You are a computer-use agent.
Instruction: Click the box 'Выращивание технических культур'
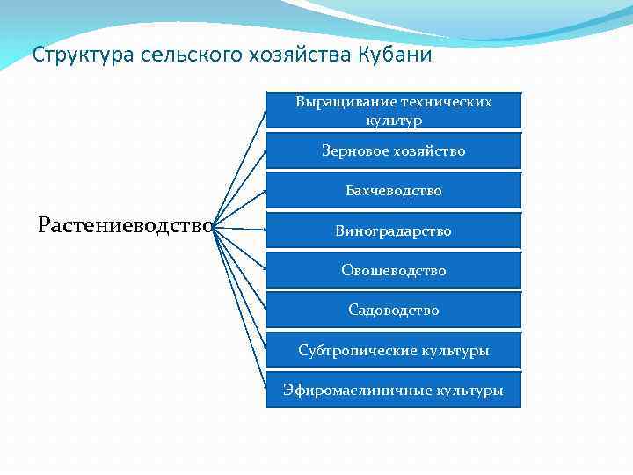[x=393, y=110]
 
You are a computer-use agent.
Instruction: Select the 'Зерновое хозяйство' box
[x=393, y=150]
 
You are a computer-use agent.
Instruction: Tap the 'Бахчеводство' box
[x=393, y=190]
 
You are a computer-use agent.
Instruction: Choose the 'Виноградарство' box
[x=393, y=230]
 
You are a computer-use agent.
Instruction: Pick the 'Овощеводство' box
[x=393, y=270]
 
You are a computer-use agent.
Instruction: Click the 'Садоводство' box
[x=393, y=310]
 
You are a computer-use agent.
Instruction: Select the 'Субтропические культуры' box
[x=393, y=350]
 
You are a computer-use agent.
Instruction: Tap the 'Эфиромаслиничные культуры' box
[x=393, y=390]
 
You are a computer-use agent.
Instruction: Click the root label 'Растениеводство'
[x=126, y=225]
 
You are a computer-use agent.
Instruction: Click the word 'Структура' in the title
[x=74, y=55]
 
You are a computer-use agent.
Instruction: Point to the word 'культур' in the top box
[x=393, y=119]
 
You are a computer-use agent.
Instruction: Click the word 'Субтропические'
[x=354, y=350]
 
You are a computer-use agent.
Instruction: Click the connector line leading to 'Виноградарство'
[x=241, y=229]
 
